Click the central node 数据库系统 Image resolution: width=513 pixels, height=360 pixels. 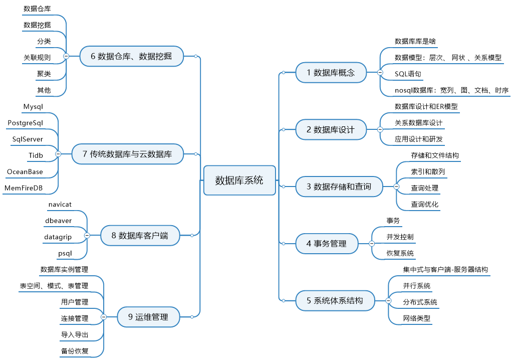[x=239, y=180]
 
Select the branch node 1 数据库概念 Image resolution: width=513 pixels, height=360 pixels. [x=331, y=72]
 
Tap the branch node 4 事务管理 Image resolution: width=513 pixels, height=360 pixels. [x=327, y=243]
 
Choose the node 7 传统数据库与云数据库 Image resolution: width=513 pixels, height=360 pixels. [x=127, y=153]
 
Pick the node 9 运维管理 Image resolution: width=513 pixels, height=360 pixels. [x=148, y=317]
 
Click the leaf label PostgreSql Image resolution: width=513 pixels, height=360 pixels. [x=25, y=123]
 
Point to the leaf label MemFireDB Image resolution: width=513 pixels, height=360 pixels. [x=24, y=188]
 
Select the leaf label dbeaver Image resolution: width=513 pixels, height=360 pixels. [x=58, y=221]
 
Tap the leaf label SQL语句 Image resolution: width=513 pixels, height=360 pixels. [x=408, y=74]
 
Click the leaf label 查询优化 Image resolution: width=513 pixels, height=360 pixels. [x=425, y=205]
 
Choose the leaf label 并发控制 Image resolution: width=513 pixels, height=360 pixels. [x=400, y=237]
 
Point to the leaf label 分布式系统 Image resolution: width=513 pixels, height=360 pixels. [x=420, y=302]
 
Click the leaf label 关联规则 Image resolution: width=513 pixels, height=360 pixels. [x=37, y=58]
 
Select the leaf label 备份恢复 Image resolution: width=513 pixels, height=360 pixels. [x=75, y=351]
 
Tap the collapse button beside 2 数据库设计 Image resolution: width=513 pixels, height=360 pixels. [x=380, y=129]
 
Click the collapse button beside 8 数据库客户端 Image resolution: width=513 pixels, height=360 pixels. [x=87, y=235]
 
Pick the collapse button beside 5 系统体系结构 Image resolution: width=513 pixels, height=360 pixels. [x=388, y=300]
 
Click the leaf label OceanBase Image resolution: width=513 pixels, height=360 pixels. [x=25, y=171]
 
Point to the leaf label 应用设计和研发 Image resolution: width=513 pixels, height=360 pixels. [x=418, y=139]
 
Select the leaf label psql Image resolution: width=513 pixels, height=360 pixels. [x=65, y=254]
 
